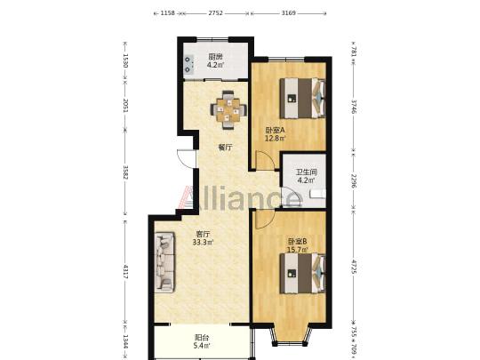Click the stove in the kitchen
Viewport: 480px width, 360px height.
pyautogui.click(x=189, y=65)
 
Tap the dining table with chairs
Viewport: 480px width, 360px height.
pyautogui.click(x=228, y=110)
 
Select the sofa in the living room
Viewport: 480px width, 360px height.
pyautogui.click(x=164, y=262)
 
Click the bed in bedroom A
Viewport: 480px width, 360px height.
pyautogui.click(x=302, y=98)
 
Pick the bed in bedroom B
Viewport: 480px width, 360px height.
pyautogui.click(x=302, y=274)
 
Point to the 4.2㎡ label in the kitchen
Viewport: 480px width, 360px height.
pyautogui.click(x=215, y=65)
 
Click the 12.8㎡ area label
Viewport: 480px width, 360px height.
pyautogui.click(x=276, y=138)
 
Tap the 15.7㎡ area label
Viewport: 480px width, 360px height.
pyautogui.click(x=297, y=250)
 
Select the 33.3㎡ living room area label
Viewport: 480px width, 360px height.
pyautogui.click(x=203, y=243)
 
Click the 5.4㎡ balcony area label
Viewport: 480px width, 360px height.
pyautogui.click(x=203, y=346)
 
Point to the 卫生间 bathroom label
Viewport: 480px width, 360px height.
pyautogui.click(x=306, y=172)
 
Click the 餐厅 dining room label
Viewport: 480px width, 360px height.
pyautogui.click(x=225, y=148)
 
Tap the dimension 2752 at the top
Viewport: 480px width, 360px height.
pyautogui.click(x=215, y=13)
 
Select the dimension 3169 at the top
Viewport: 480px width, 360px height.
pyautogui.click(x=288, y=13)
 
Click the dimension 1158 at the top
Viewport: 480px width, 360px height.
pyautogui.click(x=168, y=13)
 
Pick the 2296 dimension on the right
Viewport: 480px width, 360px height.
pyautogui.click(x=354, y=181)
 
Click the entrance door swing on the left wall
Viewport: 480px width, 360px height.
pyautogui.click(x=185, y=158)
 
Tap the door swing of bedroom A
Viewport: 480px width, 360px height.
pyautogui.click(x=265, y=160)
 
